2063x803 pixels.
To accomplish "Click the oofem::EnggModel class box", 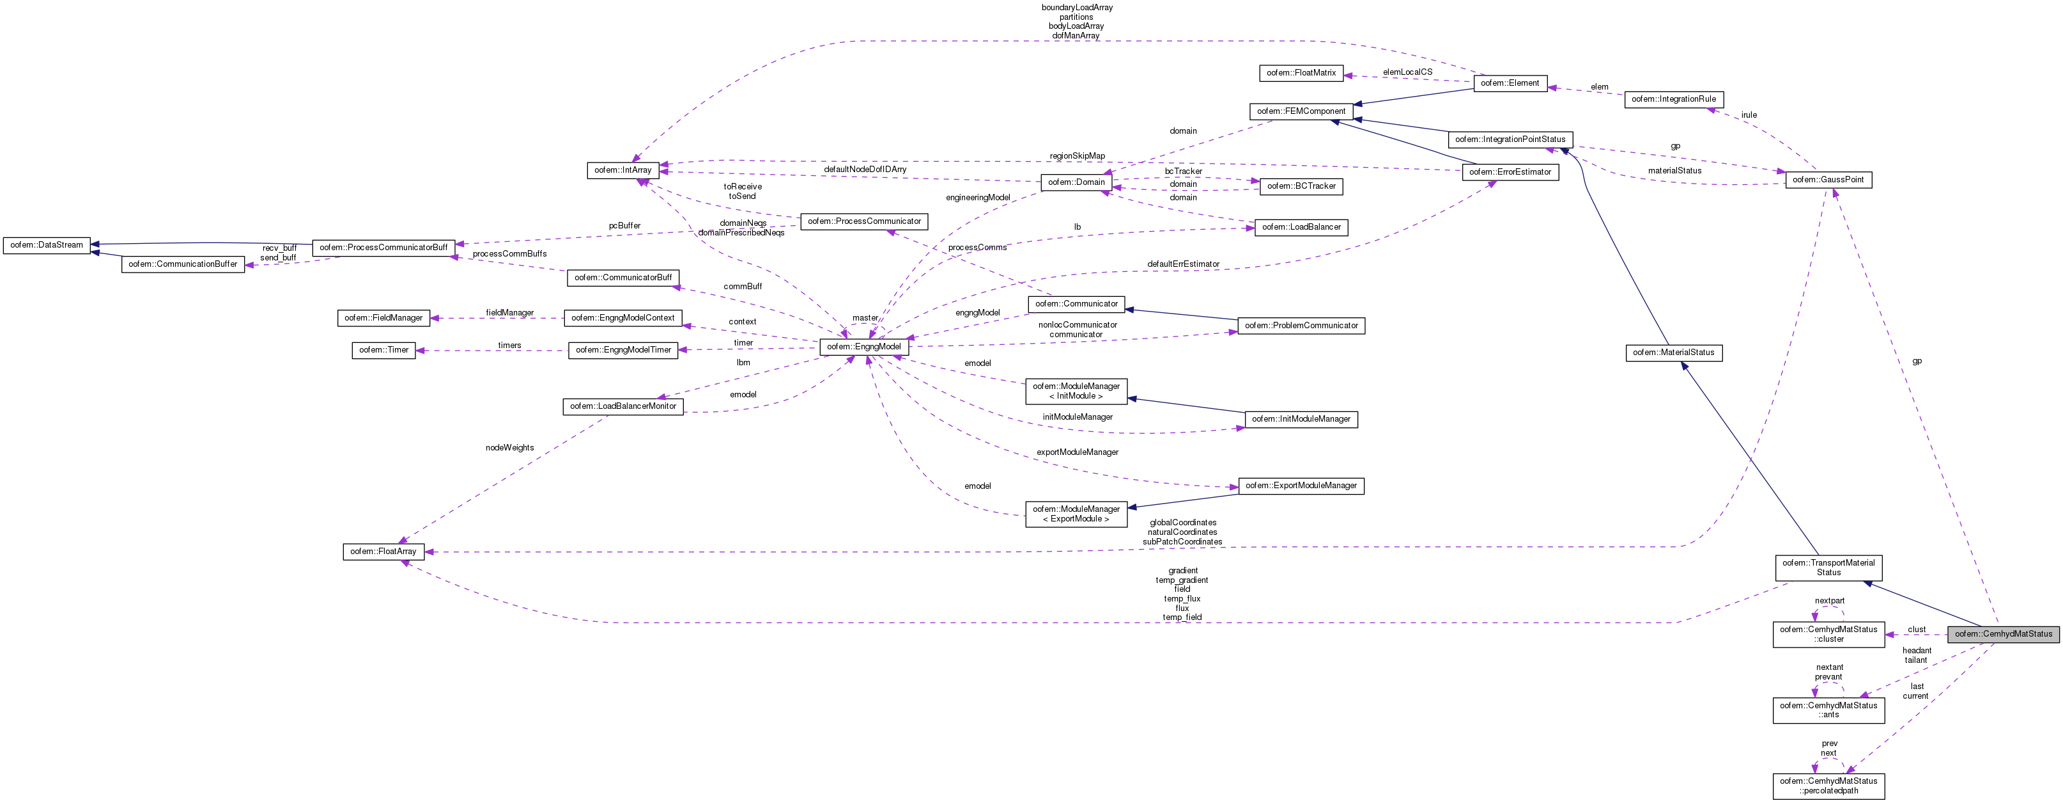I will click(863, 347).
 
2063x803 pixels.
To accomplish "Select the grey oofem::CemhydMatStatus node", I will click(2003, 634).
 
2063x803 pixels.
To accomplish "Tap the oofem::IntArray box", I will click(622, 170).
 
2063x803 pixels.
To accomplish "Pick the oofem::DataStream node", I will click(47, 245).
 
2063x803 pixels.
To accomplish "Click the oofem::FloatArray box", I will click(383, 552).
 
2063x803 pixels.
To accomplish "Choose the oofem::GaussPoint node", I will click(1828, 180).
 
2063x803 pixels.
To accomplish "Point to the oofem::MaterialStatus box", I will click(1673, 353).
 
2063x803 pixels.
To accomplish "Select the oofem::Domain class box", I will click(1076, 182).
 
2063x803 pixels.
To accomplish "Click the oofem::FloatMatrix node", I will click(1301, 73).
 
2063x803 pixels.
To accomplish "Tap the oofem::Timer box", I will click(383, 350).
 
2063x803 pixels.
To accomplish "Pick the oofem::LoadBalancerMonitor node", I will click(622, 406).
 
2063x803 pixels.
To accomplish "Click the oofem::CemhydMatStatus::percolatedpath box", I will click(1828, 785).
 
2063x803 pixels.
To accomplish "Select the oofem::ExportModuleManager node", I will click(1301, 486).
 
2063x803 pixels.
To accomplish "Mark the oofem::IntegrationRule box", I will click(1673, 99).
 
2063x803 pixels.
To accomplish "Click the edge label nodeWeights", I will click(509, 448).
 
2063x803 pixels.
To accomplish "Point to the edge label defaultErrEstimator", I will click(1183, 264).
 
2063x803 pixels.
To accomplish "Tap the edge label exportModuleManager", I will click(1077, 452).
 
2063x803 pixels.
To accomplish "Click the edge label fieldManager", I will click(509, 312).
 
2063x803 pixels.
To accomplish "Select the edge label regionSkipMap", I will click(1077, 155).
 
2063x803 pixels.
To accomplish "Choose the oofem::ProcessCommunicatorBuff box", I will click(383, 248).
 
